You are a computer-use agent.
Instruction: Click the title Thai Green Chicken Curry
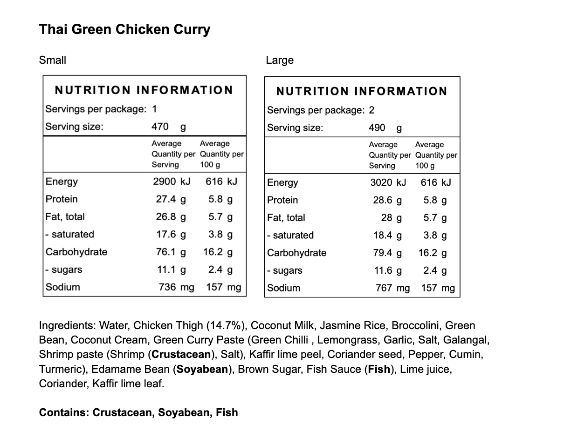pos(124,29)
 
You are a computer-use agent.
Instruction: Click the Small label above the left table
pos(53,60)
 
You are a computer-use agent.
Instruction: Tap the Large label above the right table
pos(280,60)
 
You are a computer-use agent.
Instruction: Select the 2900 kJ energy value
pos(171,182)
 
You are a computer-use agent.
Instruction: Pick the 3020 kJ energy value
pos(388,182)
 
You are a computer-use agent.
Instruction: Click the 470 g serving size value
pos(168,127)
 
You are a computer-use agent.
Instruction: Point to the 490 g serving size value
pos(385,128)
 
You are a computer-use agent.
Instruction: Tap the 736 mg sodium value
pos(176,287)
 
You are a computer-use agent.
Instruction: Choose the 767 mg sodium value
pos(392,288)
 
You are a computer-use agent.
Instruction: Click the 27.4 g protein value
pos(171,199)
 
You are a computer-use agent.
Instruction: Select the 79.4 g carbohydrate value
pos(387,253)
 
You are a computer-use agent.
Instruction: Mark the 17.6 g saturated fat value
pos(171,234)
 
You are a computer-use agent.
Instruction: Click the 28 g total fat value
pos(392,218)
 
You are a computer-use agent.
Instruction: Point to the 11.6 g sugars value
pos(387,270)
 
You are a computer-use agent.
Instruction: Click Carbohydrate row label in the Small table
pos(76,252)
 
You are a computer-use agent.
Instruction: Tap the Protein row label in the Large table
pos(282,200)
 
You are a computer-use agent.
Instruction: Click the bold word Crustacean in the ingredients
pos(181,354)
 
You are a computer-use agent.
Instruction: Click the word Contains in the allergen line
pos(63,412)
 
